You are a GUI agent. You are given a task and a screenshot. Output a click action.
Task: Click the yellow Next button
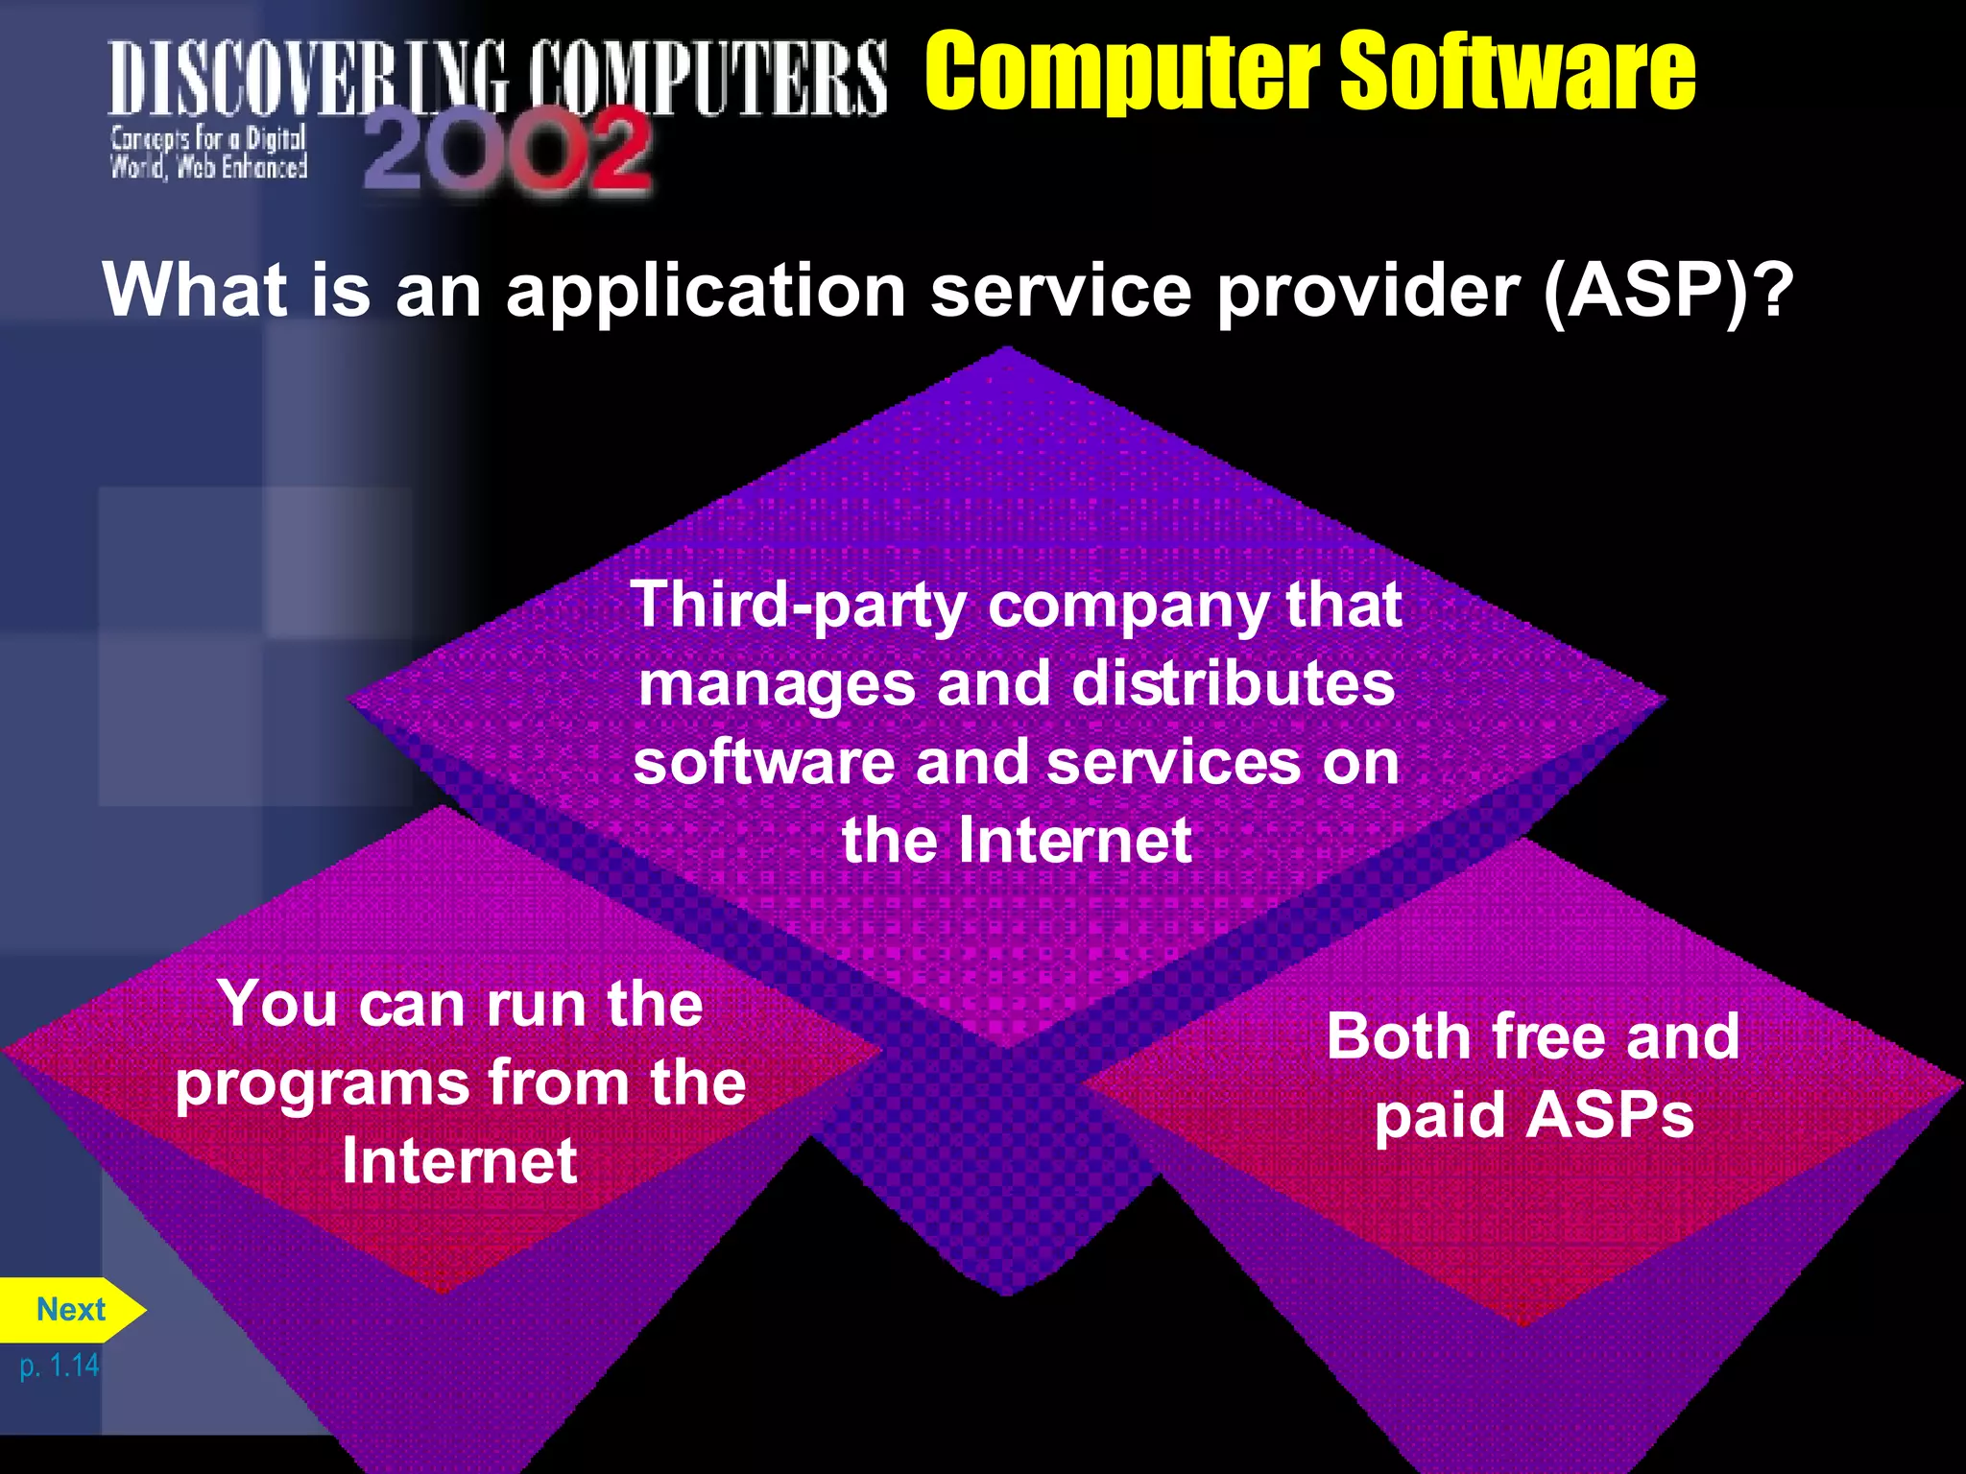pyautogui.click(x=70, y=1309)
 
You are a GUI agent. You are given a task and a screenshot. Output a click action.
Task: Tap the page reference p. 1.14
pyautogui.click(x=60, y=1365)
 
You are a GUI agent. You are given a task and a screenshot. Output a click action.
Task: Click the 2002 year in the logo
pyautogui.click(x=508, y=151)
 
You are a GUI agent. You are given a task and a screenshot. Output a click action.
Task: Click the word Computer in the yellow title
pyautogui.click(x=1122, y=71)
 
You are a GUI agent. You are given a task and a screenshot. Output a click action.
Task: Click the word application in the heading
pyautogui.click(x=707, y=292)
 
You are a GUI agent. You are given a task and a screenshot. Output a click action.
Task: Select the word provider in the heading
pyautogui.click(x=1369, y=290)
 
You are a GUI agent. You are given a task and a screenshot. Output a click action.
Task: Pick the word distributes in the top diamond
pyautogui.click(x=1233, y=684)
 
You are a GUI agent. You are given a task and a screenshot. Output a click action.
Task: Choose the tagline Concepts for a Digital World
pyautogui.click(x=208, y=153)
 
